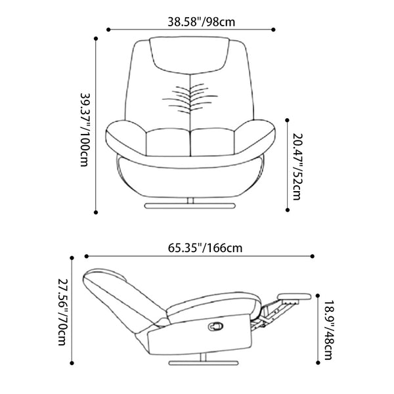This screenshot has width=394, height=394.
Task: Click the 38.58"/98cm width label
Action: click(x=202, y=22)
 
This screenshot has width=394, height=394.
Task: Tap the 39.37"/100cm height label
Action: click(x=85, y=129)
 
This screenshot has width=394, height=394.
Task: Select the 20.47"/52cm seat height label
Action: click(x=297, y=167)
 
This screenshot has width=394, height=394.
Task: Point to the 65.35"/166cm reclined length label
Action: click(x=205, y=248)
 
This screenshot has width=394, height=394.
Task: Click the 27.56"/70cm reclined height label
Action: click(x=62, y=312)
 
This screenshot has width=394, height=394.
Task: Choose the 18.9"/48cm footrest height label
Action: click(x=328, y=330)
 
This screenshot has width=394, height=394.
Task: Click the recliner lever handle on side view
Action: click(x=216, y=326)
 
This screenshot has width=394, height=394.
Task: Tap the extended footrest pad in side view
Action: click(x=294, y=297)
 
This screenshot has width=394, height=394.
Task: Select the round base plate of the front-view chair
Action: click(x=190, y=206)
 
